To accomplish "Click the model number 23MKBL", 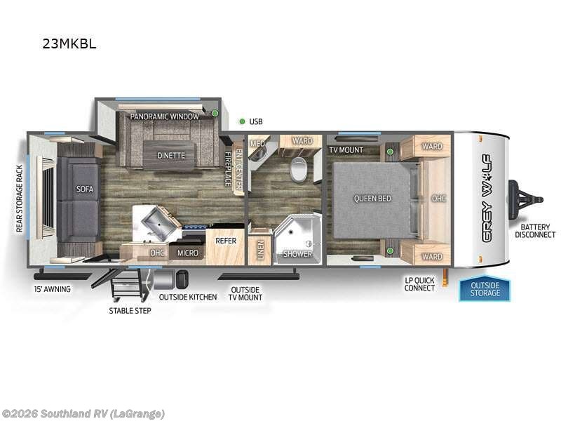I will coord(69,44).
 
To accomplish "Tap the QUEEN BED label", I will coord(372,199).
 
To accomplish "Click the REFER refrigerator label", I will coord(226,241).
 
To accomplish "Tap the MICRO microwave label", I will coord(187,253).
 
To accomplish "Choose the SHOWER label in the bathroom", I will coord(298,253).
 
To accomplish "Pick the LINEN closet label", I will coord(260,252).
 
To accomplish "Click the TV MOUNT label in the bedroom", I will coord(346,149).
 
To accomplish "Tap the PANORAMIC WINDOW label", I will coord(164,116).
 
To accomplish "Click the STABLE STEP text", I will coord(130,310).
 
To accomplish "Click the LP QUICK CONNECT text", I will coord(419,284).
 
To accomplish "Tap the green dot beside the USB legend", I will coord(241,121).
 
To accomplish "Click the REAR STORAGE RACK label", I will coord(20,199).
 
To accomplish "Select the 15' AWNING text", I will coord(53,288).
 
